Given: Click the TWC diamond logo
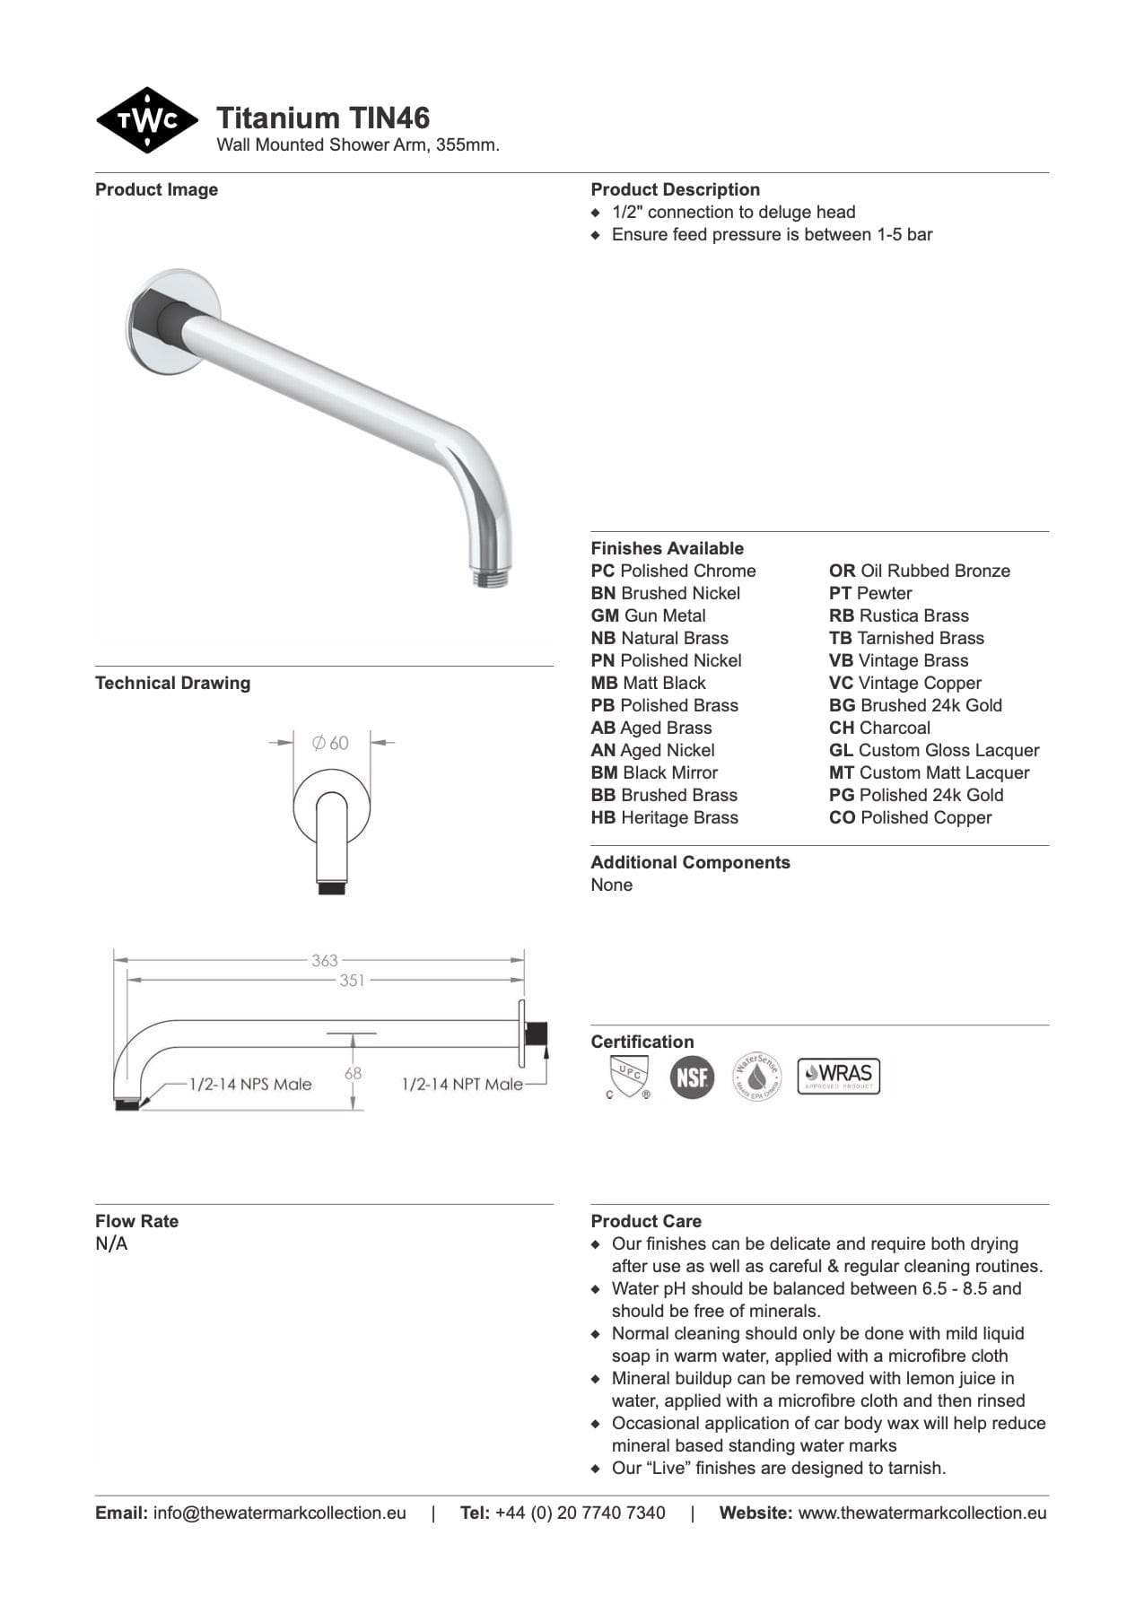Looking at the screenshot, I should tap(146, 120).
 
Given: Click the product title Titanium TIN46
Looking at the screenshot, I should tap(323, 118).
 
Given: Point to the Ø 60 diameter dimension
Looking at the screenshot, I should tap(330, 743).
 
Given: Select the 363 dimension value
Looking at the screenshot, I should tap(324, 960).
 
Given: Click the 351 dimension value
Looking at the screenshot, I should tap(352, 981).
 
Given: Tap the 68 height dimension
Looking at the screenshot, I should tap(353, 1073).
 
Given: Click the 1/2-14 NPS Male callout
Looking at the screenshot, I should tap(250, 1084).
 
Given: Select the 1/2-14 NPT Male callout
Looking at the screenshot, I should tap(462, 1084).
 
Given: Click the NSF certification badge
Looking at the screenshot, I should tap(692, 1077).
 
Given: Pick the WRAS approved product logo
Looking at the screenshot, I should tap(839, 1076).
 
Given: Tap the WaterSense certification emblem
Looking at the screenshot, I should tap(757, 1077).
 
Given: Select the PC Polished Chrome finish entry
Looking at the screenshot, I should tap(673, 571).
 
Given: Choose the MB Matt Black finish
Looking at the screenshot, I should tap(648, 683).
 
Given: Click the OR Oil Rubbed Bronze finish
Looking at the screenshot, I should tap(919, 571).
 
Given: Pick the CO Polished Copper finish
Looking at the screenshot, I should tap(910, 817).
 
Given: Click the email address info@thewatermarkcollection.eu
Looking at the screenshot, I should tap(279, 1513).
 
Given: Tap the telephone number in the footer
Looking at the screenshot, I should tap(580, 1513).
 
